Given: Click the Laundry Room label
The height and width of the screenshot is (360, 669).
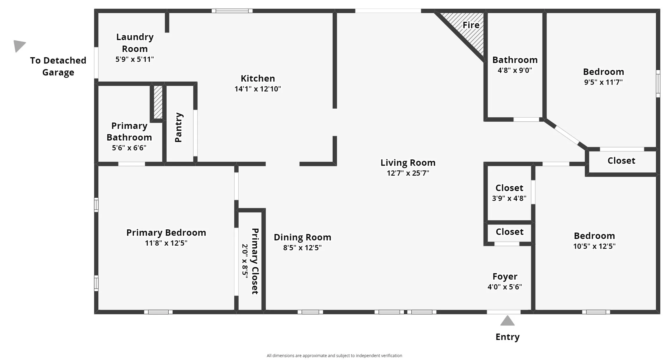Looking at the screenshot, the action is [135, 43].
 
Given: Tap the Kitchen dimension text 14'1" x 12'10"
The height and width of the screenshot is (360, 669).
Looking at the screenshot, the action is [258, 89].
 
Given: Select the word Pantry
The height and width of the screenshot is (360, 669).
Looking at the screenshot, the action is [179, 127].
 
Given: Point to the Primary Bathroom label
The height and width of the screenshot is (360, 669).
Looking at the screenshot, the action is [129, 132].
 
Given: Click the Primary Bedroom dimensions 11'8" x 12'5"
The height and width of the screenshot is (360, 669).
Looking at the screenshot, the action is [166, 243].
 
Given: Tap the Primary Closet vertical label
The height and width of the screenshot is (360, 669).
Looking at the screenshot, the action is [255, 261].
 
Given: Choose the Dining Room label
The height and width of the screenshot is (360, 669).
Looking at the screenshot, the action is [302, 237].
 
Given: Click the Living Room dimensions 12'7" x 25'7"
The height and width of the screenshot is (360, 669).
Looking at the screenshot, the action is [408, 173].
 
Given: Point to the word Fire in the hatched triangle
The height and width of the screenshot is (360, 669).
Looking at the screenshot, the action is [471, 25].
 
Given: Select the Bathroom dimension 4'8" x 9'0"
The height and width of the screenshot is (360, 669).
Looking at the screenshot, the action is [515, 70].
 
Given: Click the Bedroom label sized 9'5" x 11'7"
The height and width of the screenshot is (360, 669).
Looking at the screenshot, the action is [603, 72].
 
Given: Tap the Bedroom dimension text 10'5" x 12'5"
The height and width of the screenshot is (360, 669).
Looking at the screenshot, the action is [594, 246].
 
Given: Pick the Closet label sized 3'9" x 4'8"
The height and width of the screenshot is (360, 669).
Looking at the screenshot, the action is [509, 188].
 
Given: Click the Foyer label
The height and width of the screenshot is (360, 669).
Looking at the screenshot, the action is [505, 277].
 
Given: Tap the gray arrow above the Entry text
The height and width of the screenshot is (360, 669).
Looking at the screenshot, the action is [507, 321].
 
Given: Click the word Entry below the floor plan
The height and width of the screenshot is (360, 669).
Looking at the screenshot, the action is [508, 337].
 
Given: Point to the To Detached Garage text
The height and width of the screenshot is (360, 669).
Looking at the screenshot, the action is [58, 66].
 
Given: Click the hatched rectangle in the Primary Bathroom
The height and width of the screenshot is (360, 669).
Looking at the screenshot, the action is [158, 102].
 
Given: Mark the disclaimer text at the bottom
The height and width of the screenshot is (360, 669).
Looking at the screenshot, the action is [334, 356].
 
